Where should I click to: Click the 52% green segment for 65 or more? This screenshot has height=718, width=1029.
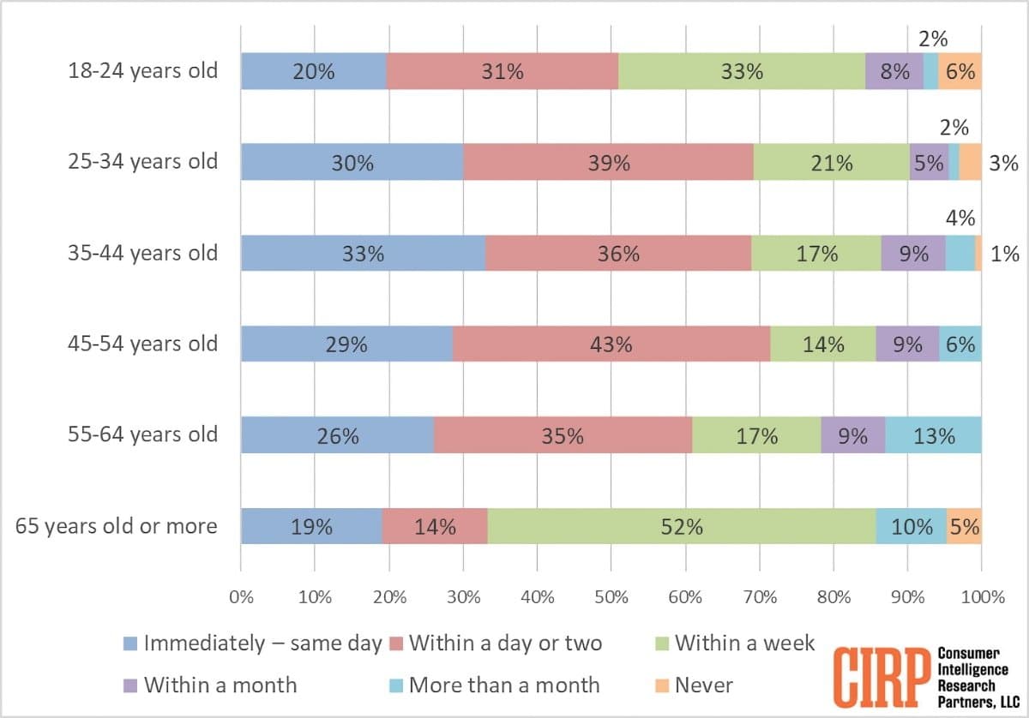(682, 526)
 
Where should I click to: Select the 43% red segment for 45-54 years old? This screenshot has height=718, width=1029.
(611, 344)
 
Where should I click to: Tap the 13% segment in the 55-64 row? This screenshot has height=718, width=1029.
(933, 435)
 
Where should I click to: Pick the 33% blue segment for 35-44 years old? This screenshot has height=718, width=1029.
(363, 253)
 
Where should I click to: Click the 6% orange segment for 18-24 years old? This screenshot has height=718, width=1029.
(960, 71)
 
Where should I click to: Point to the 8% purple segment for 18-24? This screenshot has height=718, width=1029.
(894, 71)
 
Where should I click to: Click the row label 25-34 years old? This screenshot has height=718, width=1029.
(143, 162)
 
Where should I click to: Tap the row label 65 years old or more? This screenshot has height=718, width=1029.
(117, 526)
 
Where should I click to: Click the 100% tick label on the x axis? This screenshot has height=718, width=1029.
(981, 598)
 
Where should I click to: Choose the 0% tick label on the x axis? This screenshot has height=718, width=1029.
(241, 598)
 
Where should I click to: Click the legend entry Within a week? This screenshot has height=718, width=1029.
(744, 643)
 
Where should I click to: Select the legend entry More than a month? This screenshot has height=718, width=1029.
(503, 685)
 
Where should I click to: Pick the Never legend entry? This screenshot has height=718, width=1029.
(703, 685)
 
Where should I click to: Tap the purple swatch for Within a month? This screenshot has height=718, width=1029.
(130, 685)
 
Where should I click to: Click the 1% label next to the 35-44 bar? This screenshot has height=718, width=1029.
(1004, 254)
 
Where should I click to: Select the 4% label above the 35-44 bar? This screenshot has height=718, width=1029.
(961, 218)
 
